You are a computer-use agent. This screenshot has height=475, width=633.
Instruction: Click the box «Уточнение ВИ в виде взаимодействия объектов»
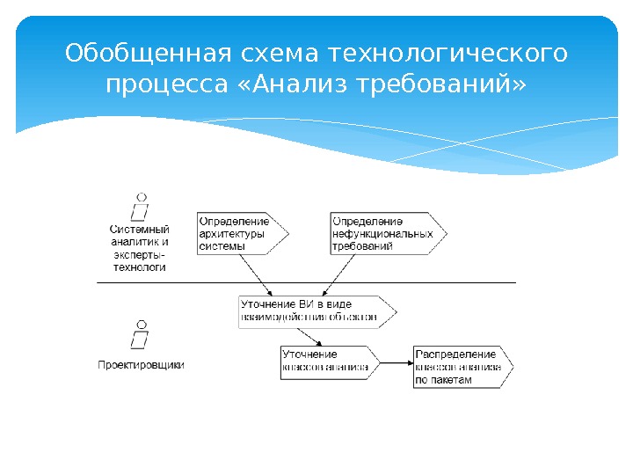pyautogui.click(x=313, y=311)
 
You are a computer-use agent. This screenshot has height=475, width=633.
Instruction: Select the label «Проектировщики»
pyautogui.click(x=141, y=363)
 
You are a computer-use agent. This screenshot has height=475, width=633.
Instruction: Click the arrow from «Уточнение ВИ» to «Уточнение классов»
pyautogui.click(x=309, y=337)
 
